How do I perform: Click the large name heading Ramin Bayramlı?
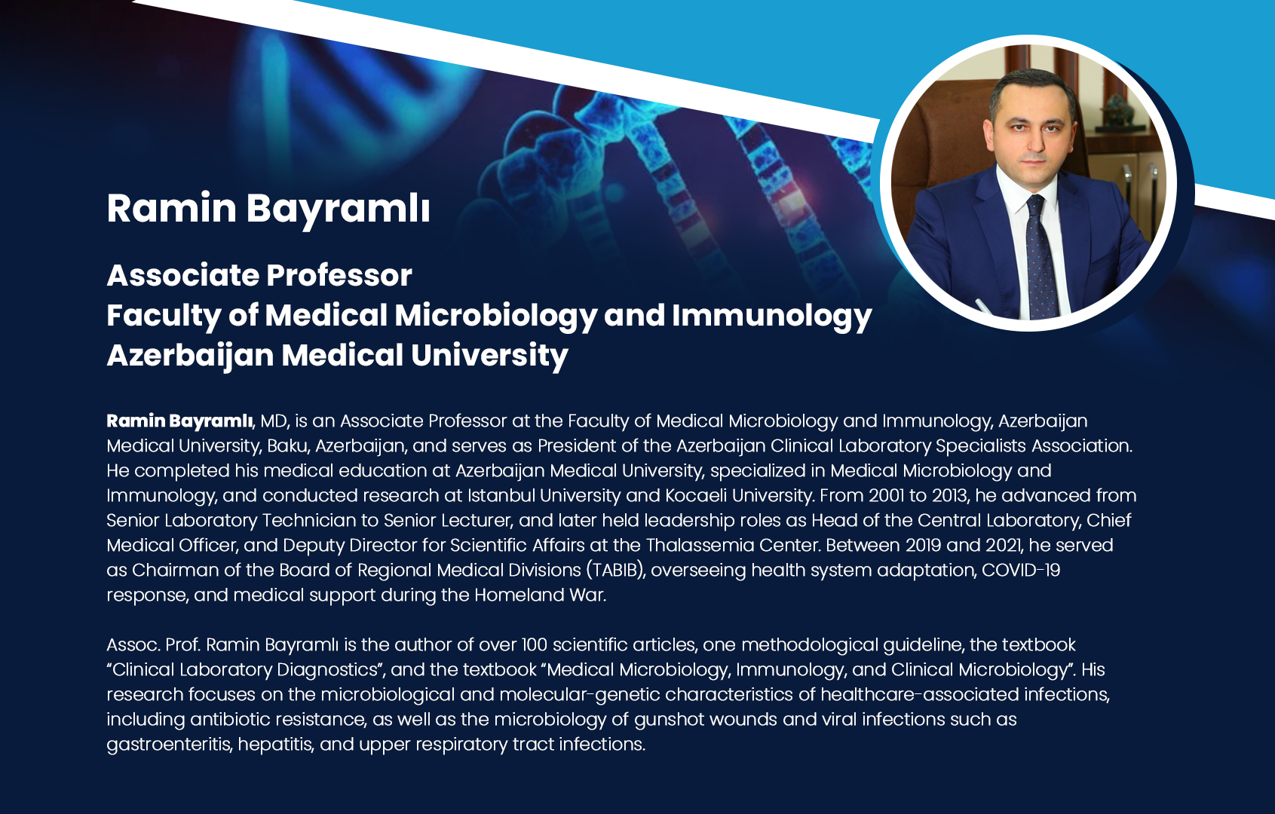[268, 210]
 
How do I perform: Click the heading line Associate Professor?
[259, 276]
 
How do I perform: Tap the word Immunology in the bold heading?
[772, 317]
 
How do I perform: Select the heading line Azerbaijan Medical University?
[338, 356]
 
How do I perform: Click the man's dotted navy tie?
[1041, 256]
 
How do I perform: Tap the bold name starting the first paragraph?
[179, 421]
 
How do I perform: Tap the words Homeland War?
[540, 595]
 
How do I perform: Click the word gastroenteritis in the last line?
[169, 745]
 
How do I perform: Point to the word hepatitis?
[275, 745]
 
